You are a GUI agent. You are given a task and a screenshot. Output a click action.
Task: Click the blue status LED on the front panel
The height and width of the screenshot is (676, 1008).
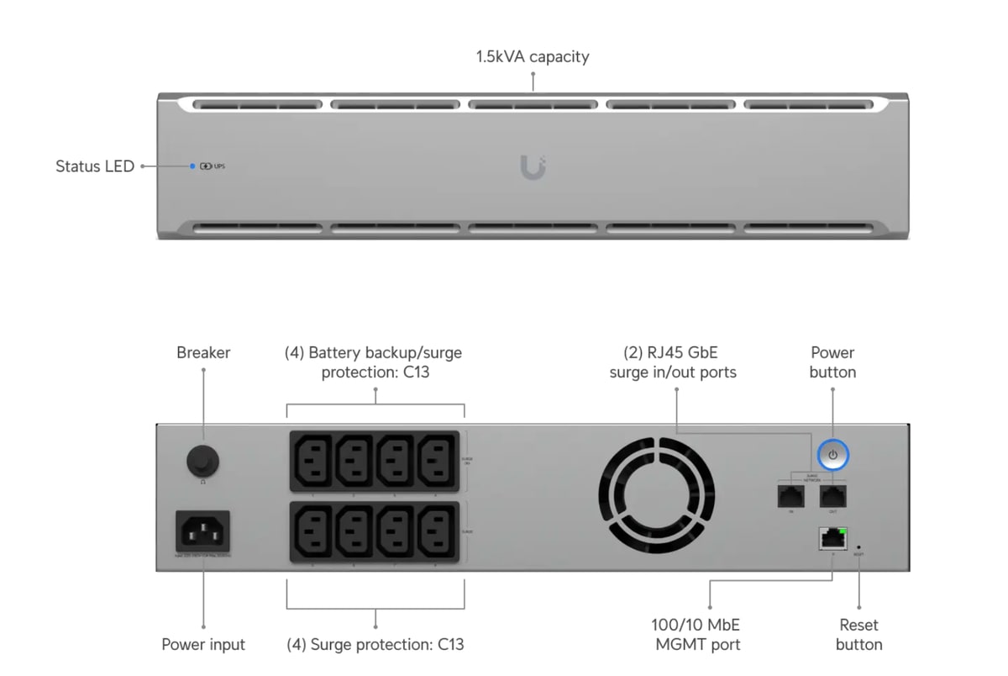pyautogui.click(x=192, y=166)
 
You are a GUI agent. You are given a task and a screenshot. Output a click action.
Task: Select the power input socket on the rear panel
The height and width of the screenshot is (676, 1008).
pyautogui.click(x=202, y=531)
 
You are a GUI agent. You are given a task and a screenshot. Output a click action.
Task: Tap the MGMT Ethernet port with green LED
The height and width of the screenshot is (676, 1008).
pyautogui.click(x=832, y=539)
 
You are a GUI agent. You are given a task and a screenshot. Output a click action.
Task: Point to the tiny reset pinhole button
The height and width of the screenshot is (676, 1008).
pyautogui.click(x=858, y=547)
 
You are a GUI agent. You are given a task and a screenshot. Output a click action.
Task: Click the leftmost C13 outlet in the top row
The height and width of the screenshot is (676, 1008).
pyautogui.click(x=312, y=460)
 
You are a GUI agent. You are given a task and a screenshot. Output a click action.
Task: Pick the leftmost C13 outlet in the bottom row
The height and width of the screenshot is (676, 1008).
pyautogui.click(x=312, y=531)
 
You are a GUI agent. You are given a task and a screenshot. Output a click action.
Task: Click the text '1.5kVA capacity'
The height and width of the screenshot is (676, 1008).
pyautogui.click(x=533, y=57)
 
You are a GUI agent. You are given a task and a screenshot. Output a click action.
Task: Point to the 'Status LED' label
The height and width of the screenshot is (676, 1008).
pyautogui.click(x=95, y=166)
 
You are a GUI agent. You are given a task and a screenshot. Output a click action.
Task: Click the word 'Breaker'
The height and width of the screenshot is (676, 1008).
pyautogui.click(x=203, y=352)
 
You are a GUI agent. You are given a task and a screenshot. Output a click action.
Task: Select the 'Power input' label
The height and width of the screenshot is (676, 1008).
pyautogui.click(x=203, y=645)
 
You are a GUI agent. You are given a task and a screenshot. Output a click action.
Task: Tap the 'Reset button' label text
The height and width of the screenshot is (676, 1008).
pyautogui.click(x=858, y=635)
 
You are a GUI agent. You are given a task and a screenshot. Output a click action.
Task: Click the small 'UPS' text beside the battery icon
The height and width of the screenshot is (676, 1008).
pyautogui.click(x=219, y=166)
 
